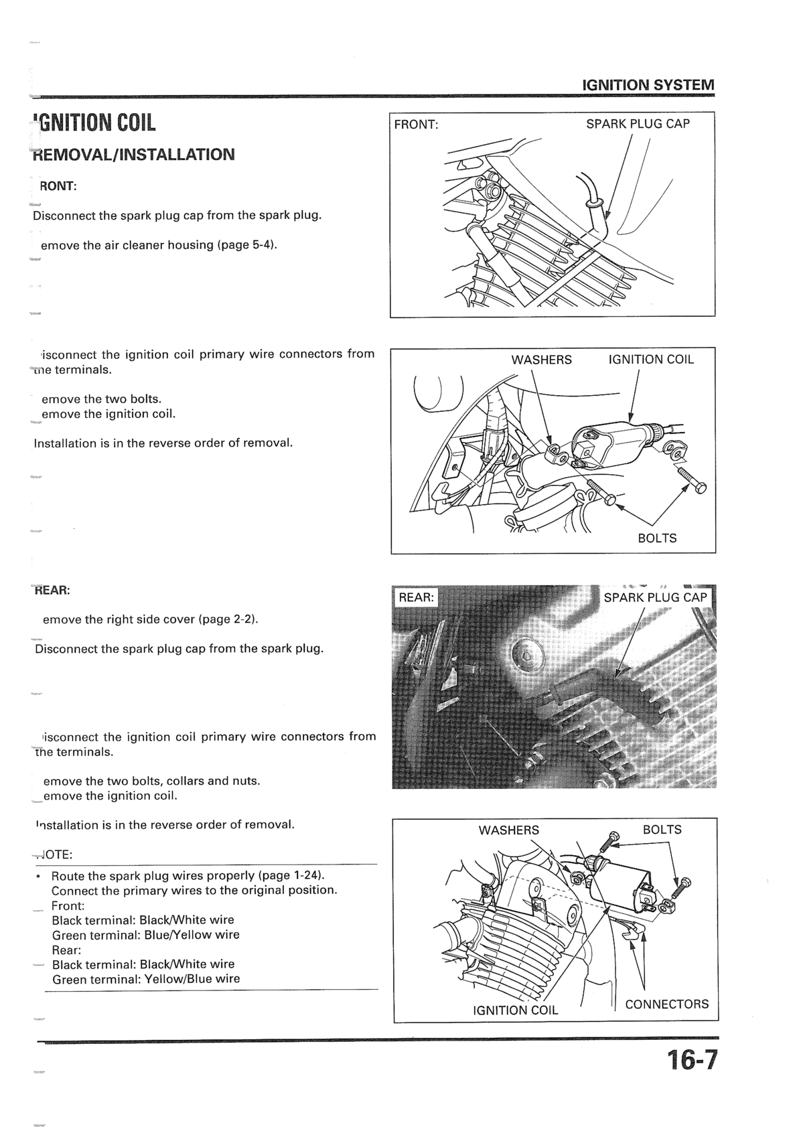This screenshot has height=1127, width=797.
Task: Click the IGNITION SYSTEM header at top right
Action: coord(648,85)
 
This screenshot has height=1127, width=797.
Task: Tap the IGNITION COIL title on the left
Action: coord(95,123)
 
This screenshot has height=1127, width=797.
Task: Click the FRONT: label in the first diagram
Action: coord(416,125)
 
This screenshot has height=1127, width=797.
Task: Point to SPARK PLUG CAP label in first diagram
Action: coord(638,124)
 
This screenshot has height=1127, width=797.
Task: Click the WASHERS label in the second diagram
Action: coord(541,360)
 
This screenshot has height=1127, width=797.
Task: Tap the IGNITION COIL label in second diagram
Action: coord(651,360)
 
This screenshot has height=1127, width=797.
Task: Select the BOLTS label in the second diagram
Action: coord(657,538)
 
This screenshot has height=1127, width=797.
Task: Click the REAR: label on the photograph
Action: coord(417,597)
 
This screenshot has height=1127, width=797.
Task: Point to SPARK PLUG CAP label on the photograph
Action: coord(655,597)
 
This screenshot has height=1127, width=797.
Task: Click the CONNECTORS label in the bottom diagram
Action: coord(666,1004)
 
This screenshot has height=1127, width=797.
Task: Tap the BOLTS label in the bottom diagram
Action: coord(662,830)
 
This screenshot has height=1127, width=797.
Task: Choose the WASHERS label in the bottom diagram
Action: coord(508,830)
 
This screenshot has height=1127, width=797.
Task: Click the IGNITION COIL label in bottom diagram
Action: coord(515,1010)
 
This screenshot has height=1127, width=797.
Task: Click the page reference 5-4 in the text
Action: coord(262,245)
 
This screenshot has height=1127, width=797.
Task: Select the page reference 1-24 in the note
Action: coord(305,876)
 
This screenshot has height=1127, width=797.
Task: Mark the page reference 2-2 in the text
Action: coord(243,619)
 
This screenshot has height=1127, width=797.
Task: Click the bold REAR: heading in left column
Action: coord(52,591)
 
